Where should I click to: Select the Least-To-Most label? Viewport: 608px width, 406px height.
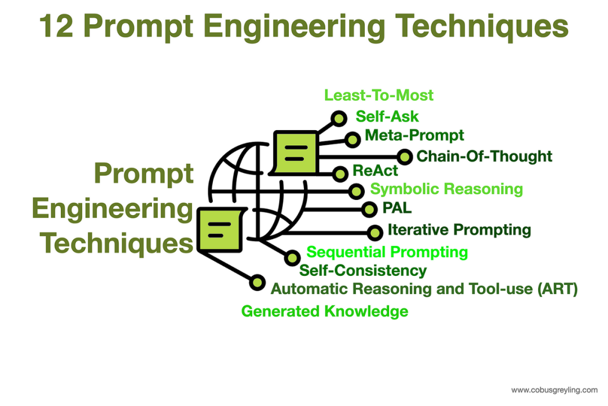pos(379,95)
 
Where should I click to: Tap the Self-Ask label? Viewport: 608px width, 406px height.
pos(387,117)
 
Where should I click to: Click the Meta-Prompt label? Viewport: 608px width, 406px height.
pos(414,135)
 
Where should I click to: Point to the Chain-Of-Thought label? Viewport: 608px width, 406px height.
pos(484,156)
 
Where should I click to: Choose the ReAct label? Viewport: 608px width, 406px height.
pos(375,171)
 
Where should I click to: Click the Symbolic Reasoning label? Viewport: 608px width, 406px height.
pos(446,189)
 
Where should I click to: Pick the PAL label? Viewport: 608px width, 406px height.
pos(397,208)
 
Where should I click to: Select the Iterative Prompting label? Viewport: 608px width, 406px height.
pos(459,230)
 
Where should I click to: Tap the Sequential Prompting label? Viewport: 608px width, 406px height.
pos(387,252)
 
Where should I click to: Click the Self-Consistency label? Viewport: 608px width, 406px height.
pos(363,271)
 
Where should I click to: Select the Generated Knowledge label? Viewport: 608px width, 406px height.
pos(325,311)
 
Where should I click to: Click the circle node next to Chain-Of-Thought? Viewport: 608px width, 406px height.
pos(404,157)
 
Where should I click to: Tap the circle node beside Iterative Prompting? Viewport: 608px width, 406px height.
pos(374,231)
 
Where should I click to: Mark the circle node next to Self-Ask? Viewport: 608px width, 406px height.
pos(339,118)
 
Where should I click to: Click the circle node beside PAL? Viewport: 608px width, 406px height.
pos(369,209)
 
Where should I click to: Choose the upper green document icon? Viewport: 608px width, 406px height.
pos(294,152)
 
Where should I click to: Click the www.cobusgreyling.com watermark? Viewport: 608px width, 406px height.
pos(554,390)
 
